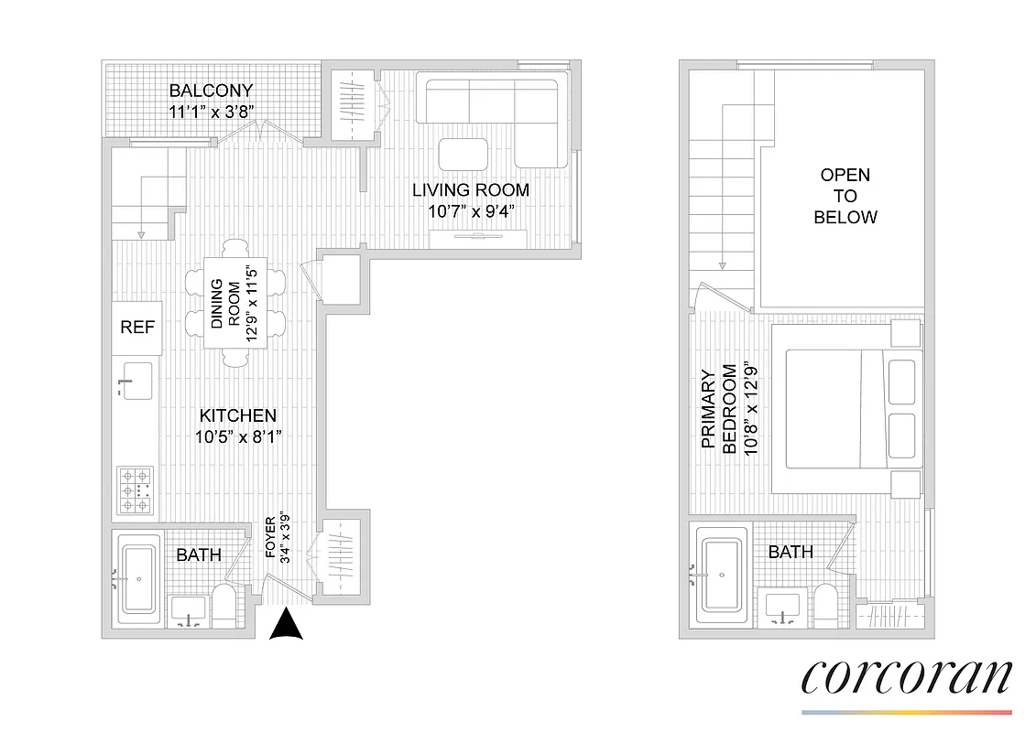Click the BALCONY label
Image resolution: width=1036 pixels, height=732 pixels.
point(211,91)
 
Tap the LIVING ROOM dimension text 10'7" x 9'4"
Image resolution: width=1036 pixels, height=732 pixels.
point(471,210)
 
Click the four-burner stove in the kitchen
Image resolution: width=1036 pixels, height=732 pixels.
point(136,490)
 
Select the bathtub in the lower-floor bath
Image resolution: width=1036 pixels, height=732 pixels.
point(139,578)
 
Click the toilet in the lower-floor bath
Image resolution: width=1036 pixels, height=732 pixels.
point(224,607)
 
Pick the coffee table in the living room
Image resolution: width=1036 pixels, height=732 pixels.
point(463,153)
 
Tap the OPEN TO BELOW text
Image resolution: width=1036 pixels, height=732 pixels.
point(845,196)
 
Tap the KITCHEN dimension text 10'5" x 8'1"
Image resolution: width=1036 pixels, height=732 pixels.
point(237,436)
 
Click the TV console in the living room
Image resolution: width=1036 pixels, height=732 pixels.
point(477,239)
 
